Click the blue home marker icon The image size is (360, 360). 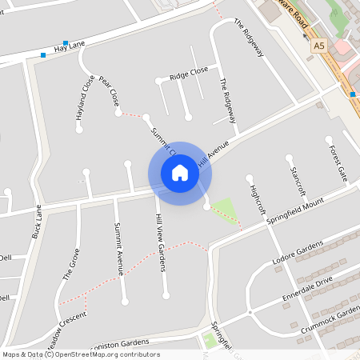pos(180,173)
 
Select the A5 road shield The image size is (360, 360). pos(319,46)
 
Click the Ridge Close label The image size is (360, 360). pos(189,74)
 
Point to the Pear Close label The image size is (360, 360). pos(110,91)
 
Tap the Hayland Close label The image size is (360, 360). pos(80,98)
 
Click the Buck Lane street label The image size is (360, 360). pos(36,222)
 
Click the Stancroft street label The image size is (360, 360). pos(298,181)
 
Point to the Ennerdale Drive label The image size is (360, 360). pos(307,292)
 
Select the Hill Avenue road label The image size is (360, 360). pos(214,154)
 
